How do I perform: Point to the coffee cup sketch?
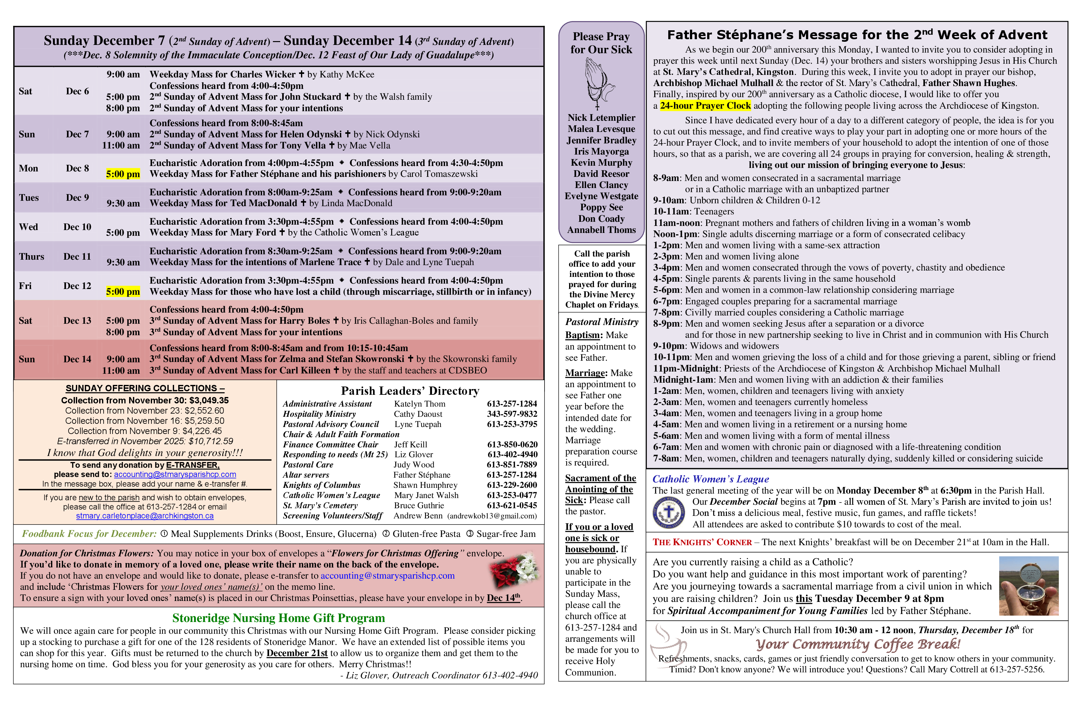pos(668,647)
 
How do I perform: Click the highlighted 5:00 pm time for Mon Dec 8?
pos(123,174)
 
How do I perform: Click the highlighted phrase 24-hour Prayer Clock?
pos(705,105)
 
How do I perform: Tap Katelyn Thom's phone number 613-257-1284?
pos(512,404)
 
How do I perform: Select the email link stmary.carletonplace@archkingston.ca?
pos(145,516)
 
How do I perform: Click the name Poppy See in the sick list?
pos(601,207)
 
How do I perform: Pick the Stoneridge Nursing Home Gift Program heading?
pos(278,618)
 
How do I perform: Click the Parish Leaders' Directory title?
pos(410,391)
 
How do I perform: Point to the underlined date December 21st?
pos(297,653)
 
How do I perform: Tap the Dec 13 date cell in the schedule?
pos(77,321)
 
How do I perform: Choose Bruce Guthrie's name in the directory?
pos(419,505)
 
